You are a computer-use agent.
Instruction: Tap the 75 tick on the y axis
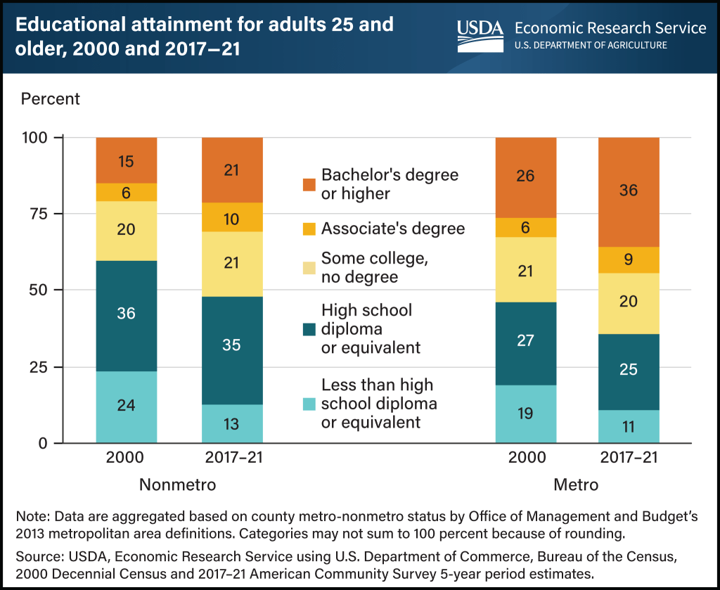pyautogui.click(x=42, y=214)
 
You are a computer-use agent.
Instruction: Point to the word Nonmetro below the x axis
pyautogui.click(x=176, y=485)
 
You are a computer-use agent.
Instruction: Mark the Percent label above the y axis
pyautogui.click(x=51, y=98)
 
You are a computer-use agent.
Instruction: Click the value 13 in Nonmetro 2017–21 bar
pyautogui.click(x=232, y=423)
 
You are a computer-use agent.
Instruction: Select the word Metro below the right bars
pyautogui.click(x=577, y=485)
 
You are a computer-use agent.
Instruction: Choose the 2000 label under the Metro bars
pyautogui.click(x=527, y=458)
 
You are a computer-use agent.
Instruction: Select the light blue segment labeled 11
pyautogui.click(x=629, y=426)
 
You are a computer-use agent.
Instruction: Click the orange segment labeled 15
pyautogui.click(x=127, y=160)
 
